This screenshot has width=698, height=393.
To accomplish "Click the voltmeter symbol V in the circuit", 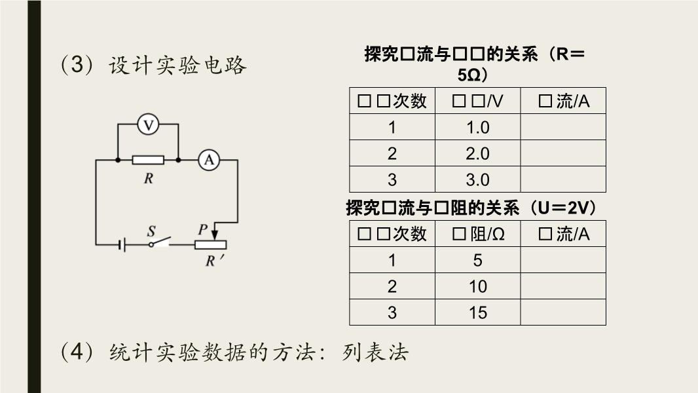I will click(149, 124).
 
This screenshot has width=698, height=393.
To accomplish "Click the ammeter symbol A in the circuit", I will click(209, 159).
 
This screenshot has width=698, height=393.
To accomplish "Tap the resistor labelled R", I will click(148, 159).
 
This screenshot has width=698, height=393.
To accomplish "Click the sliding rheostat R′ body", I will click(213, 244).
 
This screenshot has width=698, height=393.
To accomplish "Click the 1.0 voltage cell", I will click(477, 127).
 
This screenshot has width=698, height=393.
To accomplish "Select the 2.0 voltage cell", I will click(477, 153).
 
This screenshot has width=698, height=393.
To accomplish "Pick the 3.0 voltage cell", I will click(477, 179).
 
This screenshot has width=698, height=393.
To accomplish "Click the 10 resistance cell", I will click(477, 286).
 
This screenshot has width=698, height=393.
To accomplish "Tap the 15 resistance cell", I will click(477, 312).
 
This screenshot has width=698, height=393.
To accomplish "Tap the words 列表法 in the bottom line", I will click(376, 352).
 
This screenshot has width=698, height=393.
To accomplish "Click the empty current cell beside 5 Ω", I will click(563, 260).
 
